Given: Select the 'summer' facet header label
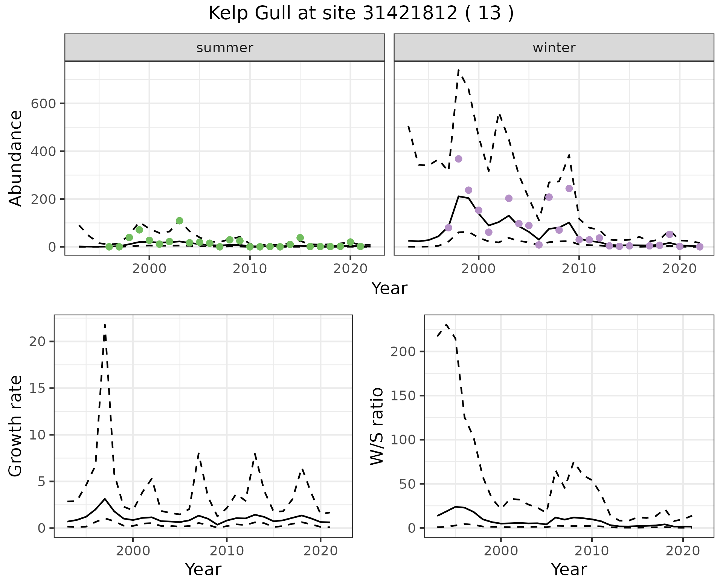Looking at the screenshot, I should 224,48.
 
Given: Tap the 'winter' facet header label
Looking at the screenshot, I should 554,48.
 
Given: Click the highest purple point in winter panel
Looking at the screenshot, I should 458,159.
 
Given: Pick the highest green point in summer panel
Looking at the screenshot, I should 179,221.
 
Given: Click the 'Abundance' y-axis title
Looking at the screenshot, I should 16,158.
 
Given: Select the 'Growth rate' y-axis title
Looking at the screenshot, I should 16,426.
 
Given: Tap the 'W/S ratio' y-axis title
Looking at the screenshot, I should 377,426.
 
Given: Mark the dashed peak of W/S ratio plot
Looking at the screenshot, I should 446,324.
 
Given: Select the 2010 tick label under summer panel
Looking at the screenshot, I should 250,269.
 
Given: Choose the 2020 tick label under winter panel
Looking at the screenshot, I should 679,269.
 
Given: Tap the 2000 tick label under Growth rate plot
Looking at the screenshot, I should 133,551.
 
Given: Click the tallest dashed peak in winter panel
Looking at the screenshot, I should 458,70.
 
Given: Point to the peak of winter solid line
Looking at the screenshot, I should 458,196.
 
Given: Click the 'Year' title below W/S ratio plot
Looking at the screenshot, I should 569,570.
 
